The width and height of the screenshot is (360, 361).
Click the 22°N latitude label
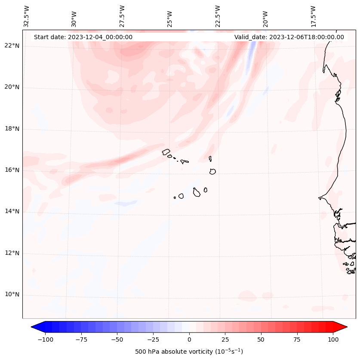[x=12, y=46]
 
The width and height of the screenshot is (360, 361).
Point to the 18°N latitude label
[x=12, y=129]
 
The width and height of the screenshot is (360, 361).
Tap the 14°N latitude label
[x=12, y=211]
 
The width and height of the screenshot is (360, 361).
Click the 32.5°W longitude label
[x=27, y=16]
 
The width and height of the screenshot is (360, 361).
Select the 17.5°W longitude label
[x=313, y=16]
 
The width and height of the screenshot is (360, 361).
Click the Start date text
[x=83, y=37]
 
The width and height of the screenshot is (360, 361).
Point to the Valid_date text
[x=289, y=37]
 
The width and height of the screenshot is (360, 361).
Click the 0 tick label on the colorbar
[x=189, y=339]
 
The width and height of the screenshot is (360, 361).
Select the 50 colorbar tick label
[x=261, y=339]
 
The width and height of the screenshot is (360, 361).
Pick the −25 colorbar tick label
[x=153, y=339]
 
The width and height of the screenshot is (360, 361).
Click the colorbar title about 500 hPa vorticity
[x=189, y=352]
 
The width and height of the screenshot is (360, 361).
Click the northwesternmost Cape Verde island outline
[x=166, y=152]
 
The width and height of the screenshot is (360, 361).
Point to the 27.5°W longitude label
[x=122, y=16]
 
